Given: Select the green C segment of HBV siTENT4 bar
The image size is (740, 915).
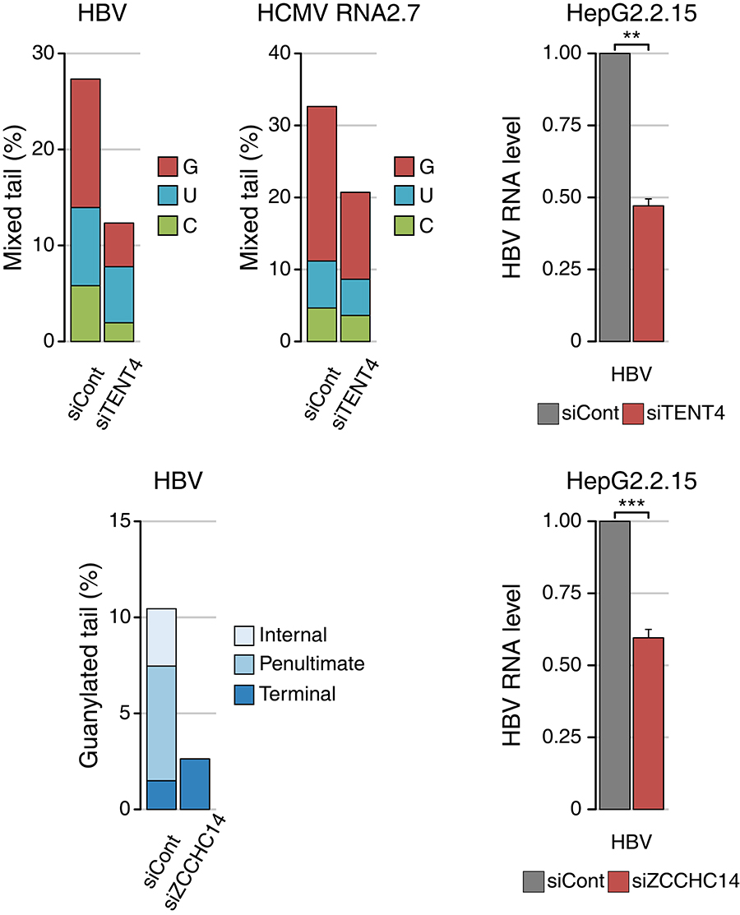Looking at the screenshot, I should (118, 331).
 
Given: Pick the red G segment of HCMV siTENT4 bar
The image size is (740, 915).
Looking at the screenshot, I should (354, 235).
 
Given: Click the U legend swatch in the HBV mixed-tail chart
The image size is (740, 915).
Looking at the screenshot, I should (169, 195).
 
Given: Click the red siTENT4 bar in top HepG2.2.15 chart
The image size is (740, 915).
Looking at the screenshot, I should (648, 273).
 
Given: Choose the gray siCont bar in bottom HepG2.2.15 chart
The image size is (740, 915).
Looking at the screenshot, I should (614, 664).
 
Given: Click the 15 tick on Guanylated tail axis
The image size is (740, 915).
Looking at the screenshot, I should (123, 521).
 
